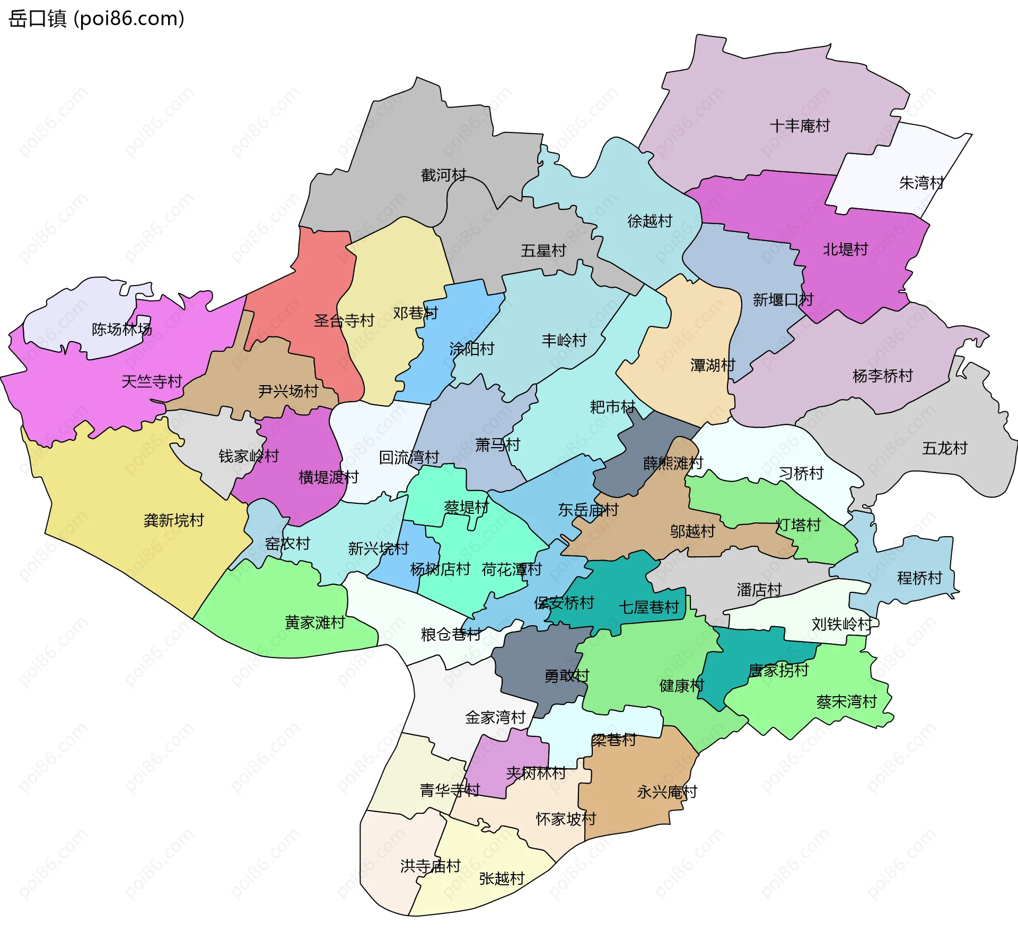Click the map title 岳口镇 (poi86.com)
click(x=96, y=19)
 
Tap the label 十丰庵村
click(x=800, y=126)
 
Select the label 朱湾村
click(x=922, y=183)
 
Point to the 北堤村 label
click(x=845, y=249)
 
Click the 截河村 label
click(x=443, y=175)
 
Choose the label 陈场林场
click(x=122, y=329)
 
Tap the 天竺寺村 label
click(x=152, y=381)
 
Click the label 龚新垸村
click(x=174, y=520)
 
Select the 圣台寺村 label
click(x=344, y=320)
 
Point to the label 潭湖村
click(x=713, y=365)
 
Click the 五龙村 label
click(x=944, y=448)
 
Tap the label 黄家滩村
click(x=315, y=622)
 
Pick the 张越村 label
click(x=502, y=878)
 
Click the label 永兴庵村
click(x=667, y=792)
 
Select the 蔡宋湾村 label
click(x=847, y=702)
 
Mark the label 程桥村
click(x=919, y=577)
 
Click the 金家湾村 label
click(x=495, y=717)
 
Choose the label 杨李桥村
click(x=882, y=376)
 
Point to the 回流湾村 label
click(x=409, y=457)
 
